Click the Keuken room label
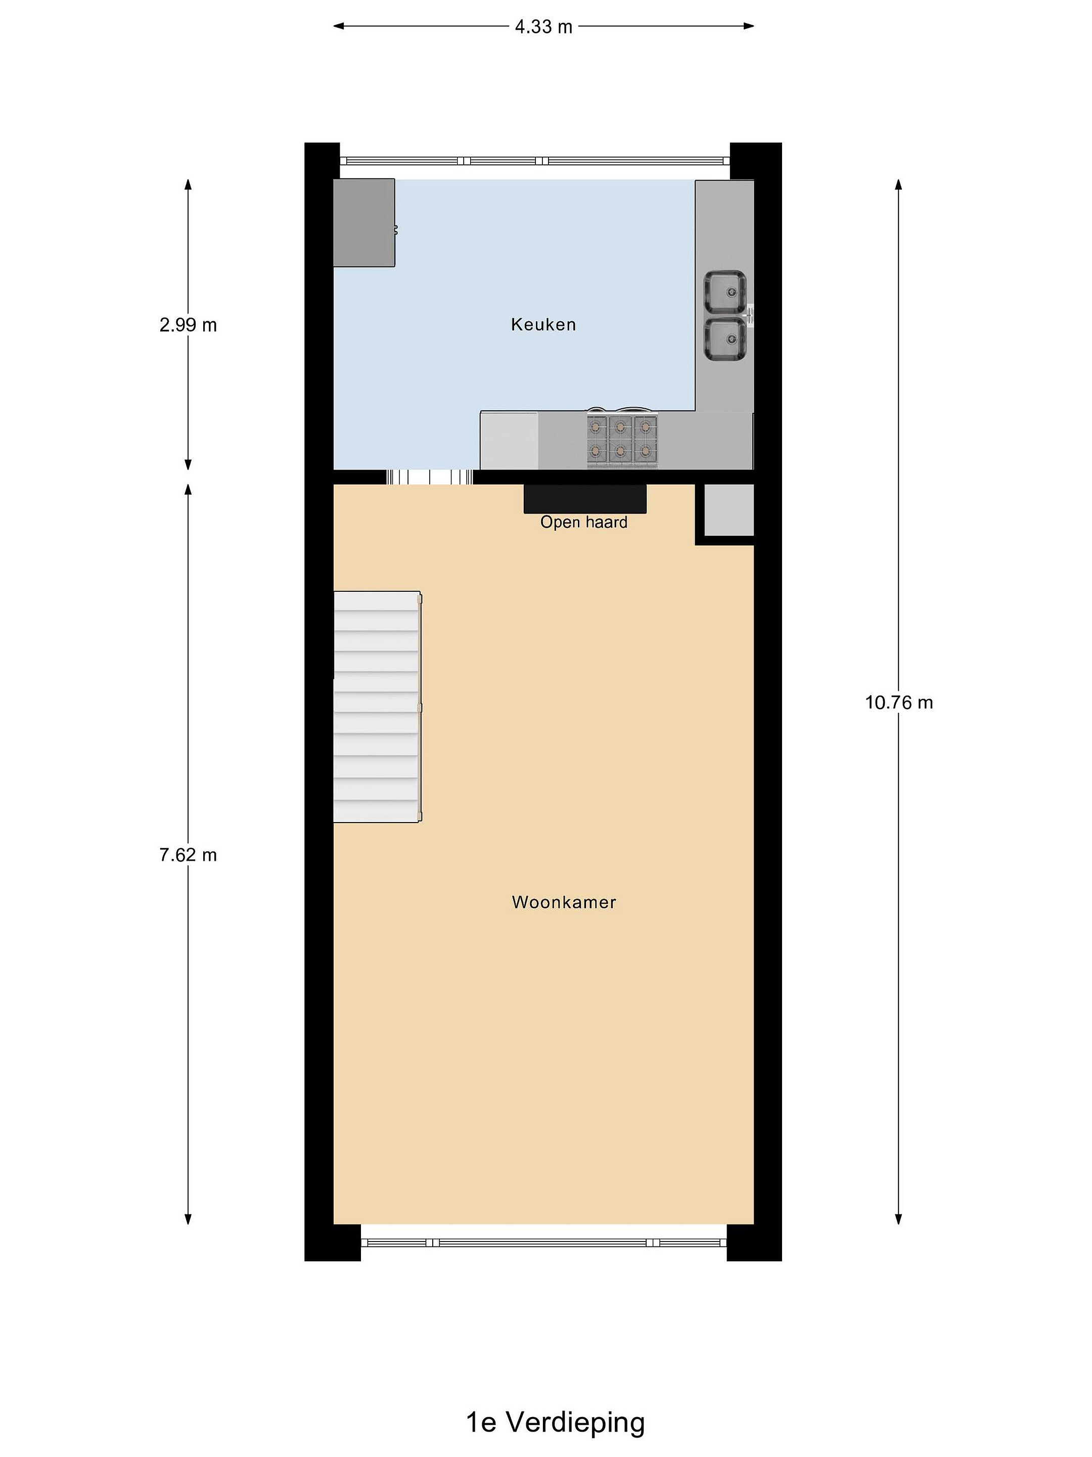543,324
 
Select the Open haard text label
583,522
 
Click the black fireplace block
584,499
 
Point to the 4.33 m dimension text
543,27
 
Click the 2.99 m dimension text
188,325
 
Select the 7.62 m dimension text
188,855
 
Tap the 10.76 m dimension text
898,703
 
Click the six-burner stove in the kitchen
622,439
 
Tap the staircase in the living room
377,707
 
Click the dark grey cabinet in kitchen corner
364,223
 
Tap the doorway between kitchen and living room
429,477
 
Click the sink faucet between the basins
750,316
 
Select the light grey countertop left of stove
510,440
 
